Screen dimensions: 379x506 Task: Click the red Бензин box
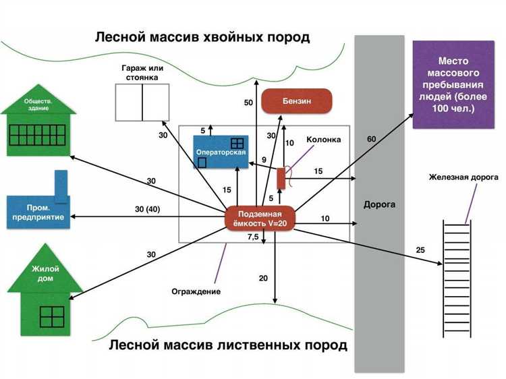click(x=297, y=101)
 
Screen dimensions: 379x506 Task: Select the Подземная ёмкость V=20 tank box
click(x=260, y=218)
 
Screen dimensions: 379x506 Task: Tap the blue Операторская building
click(x=221, y=152)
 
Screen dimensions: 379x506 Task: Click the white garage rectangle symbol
click(x=142, y=103)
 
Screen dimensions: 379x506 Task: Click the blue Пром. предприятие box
click(x=38, y=211)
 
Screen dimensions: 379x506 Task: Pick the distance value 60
click(x=371, y=139)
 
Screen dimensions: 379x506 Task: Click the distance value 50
click(x=248, y=103)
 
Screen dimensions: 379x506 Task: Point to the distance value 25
click(x=421, y=251)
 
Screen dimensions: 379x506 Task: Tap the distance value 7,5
click(x=253, y=237)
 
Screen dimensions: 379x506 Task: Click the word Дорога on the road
click(x=379, y=204)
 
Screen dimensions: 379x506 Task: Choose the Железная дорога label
click(x=457, y=177)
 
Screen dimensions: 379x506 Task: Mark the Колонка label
click(x=324, y=140)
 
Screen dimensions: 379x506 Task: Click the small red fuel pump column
click(x=281, y=179)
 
